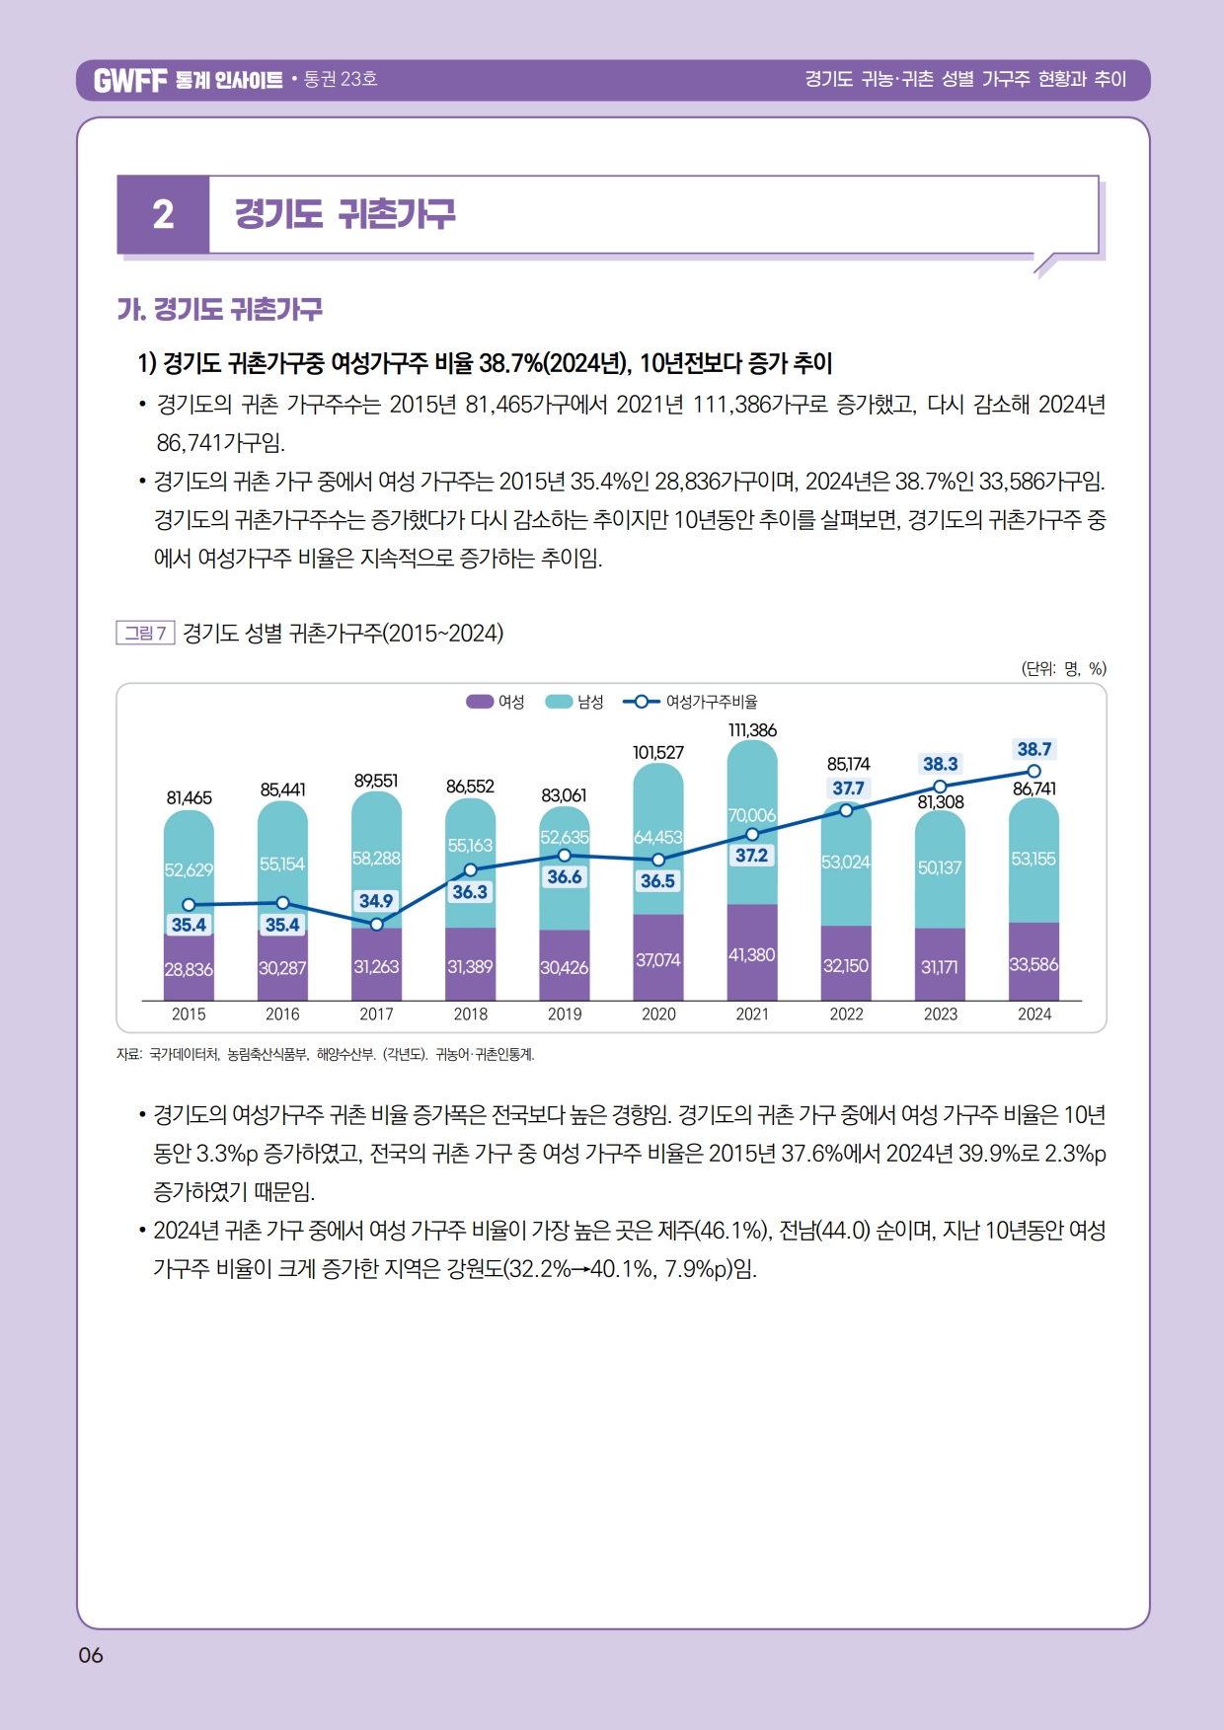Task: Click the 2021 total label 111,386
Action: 752,730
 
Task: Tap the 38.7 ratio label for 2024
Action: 1033,749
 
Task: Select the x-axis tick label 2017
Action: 376,1014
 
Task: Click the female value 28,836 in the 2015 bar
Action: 189,969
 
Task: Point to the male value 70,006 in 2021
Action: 752,815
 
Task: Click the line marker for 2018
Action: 471,869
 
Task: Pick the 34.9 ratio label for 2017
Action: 376,900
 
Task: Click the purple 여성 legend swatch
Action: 480,702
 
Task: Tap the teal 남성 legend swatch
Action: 559,702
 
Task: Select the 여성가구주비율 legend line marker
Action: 642,702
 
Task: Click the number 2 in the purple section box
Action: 163,214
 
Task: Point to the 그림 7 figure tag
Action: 145,633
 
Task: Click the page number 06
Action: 91,1655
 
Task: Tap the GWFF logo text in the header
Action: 130,80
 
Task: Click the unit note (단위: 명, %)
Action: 1063,668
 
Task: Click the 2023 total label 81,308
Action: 941,802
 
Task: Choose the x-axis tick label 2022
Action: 846,1014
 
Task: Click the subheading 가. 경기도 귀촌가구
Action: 220,310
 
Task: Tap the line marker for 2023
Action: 941,787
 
